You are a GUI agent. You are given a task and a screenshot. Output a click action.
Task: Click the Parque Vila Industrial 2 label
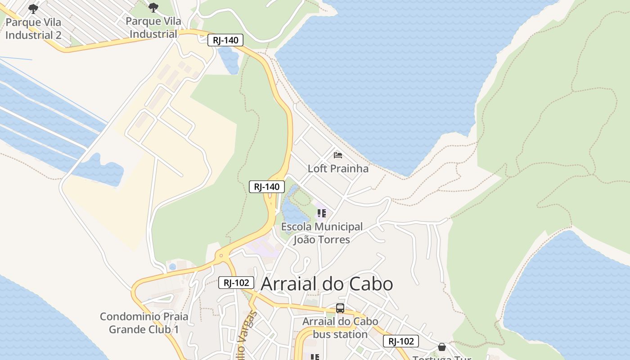(x=33, y=28)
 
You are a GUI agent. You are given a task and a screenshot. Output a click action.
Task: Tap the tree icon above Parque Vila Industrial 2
(x=33, y=9)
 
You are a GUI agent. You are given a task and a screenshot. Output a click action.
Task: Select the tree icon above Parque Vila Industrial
(x=153, y=8)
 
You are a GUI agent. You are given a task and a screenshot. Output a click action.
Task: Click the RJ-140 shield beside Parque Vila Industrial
(x=225, y=40)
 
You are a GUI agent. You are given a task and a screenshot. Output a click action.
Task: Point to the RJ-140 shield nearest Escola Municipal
(x=267, y=187)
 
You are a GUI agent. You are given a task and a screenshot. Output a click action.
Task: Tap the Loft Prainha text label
(x=338, y=169)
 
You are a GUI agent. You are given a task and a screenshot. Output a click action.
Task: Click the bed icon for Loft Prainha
(x=338, y=156)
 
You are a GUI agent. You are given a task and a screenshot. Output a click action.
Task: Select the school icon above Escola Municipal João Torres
(x=321, y=213)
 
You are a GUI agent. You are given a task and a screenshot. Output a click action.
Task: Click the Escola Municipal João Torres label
(x=322, y=233)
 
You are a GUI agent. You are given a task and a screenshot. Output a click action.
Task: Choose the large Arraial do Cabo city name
(x=327, y=284)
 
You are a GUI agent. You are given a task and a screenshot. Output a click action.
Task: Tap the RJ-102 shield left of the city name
(x=236, y=283)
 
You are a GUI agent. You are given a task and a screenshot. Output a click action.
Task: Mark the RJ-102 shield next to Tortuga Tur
(x=401, y=341)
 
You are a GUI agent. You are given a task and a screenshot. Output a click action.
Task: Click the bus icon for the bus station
(x=340, y=308)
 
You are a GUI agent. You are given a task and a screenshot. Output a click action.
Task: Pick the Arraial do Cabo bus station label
(x=340, y=328)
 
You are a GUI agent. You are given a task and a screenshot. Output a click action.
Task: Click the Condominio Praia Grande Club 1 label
(x=144, y=323)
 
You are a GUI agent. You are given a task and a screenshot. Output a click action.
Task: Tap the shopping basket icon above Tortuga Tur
(x=442, y=347)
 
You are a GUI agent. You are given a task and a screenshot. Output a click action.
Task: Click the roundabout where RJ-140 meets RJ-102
(x=220, y=256)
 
